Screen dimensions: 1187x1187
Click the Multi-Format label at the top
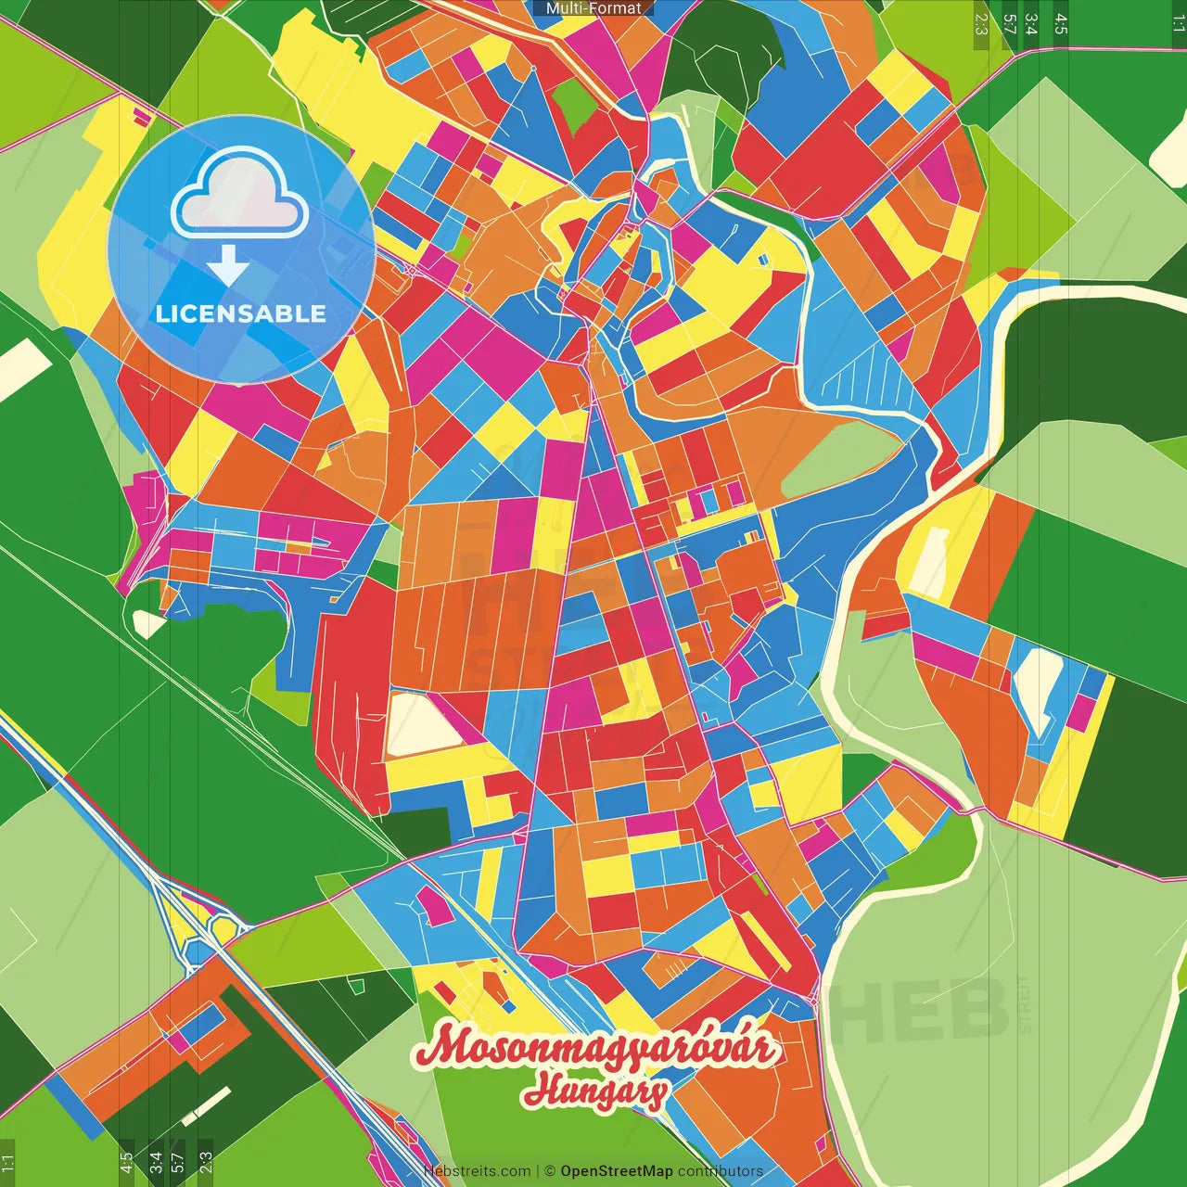point(593,8)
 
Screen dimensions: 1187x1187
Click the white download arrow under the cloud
point(227,265)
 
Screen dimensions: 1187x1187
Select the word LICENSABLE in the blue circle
point(241,313)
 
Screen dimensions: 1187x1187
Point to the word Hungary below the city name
point(594,1091)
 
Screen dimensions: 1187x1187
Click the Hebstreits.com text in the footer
point(477,1171)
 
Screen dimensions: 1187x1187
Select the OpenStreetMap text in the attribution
point(617,1171)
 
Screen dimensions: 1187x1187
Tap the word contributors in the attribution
point(721,1171)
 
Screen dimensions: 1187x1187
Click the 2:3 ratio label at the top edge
point(981,24)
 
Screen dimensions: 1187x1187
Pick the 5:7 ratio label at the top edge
point(1010,24)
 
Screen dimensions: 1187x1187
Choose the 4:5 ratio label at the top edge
point(1061,24)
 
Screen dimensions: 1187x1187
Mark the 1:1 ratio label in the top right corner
point(1178,24)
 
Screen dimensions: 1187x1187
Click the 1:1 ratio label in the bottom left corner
point(8,1162)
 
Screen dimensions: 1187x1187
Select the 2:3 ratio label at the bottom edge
point(205,1162)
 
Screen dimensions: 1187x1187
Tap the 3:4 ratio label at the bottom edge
point(155,1162)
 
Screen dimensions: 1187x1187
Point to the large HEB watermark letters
point(918,1011)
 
